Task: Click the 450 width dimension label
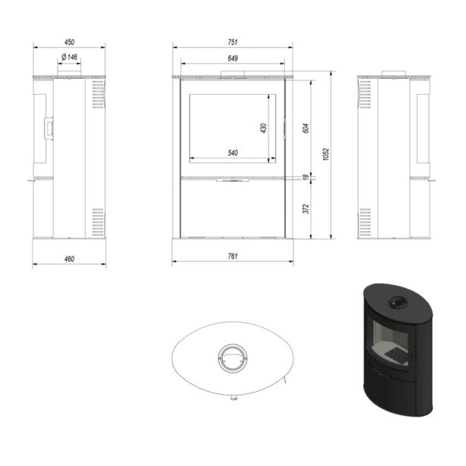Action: [69, 42]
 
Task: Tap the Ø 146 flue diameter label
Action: [70, 57]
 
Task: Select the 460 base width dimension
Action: [69, 259]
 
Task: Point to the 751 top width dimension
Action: [233, 42]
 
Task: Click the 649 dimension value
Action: [233, 58]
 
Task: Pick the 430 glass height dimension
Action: [264, 128]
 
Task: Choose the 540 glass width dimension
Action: [233, 153]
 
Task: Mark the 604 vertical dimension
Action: [306, 128]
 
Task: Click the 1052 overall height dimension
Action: [326, 155]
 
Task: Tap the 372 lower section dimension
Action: [306, 209]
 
